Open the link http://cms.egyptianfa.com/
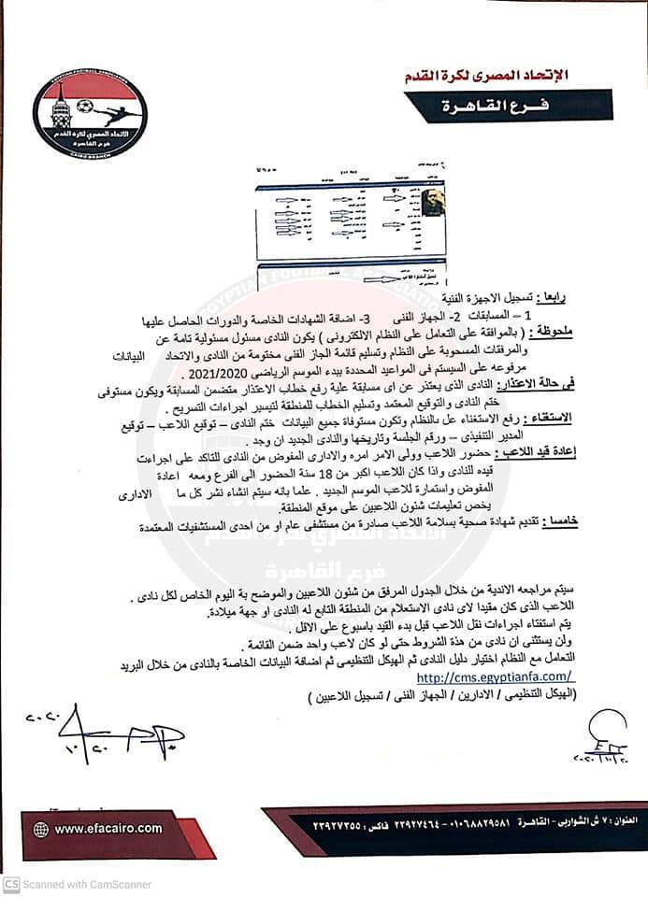[495, 676]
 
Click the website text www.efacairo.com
[108, 828]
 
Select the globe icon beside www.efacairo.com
[40, 829]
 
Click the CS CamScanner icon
[10, 884]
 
